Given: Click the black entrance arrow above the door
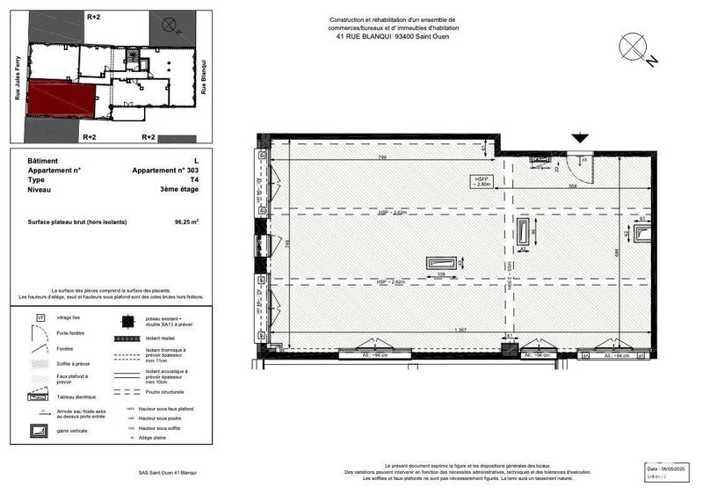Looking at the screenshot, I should [580, 137].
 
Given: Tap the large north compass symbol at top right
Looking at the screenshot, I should [637, 48].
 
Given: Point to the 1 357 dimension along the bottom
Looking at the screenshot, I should [458, 330].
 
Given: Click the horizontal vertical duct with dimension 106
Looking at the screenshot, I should [442, 262].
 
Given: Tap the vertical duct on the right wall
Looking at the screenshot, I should [643, 233].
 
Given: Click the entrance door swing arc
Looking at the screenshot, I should [572, 160].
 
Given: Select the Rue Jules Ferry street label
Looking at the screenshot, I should [17, 79].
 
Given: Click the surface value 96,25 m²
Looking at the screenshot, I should [185, 222].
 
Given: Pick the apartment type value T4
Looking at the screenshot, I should [193, 179].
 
